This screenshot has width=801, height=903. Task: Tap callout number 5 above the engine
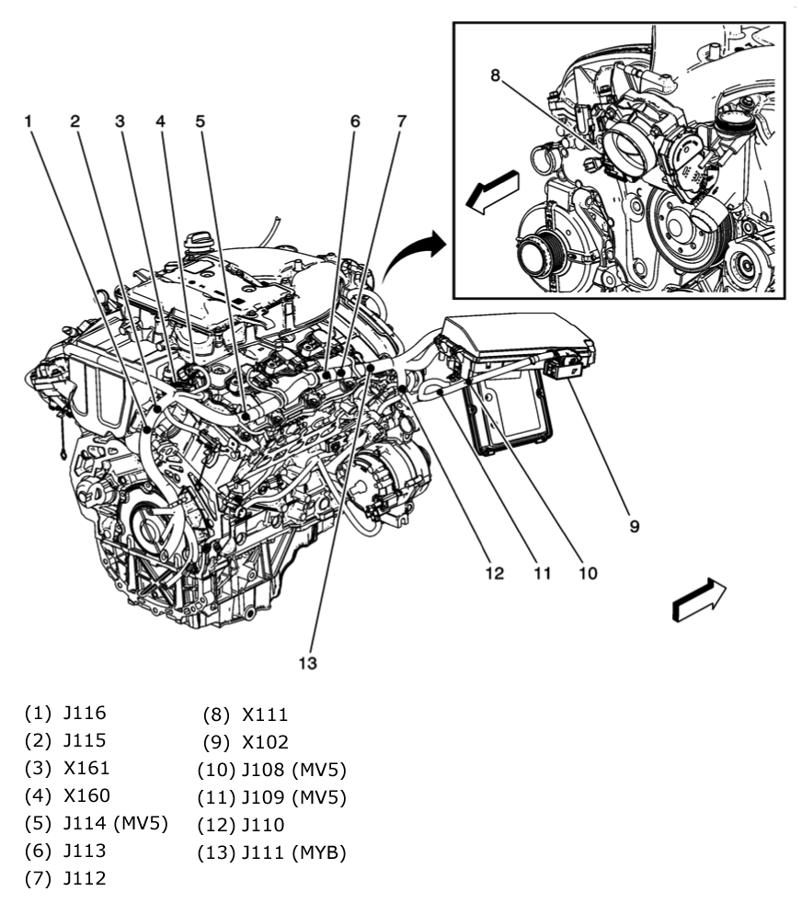[x=200, y=120]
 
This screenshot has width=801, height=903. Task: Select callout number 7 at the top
[x=401, y=120]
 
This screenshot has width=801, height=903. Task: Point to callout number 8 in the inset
[x=495, y=75]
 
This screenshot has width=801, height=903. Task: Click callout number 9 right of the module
[x=634, y=527]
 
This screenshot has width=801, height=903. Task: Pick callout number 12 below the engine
[x=495, y=574]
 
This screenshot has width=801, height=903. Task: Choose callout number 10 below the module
[x=587, y=574]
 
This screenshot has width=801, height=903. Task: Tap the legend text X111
[x=265, y=714]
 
